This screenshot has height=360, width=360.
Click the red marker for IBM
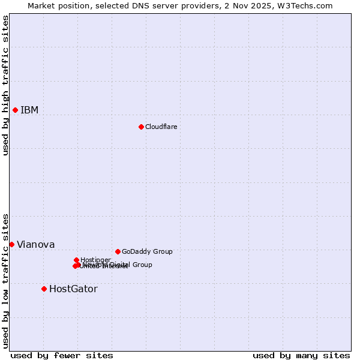pyautogui.click(x=15, y=110)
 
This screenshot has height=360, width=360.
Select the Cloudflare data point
pyautogui.click(x=141, y=127)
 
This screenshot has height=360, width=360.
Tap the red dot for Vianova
pyautogui.click(x=11, y=244)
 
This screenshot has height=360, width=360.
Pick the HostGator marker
pyautogui.click(x=44, y=289)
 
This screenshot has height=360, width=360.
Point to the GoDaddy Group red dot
pyautogui.click(x=118, y=251)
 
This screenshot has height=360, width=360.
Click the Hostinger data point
pyautogui.click(x=77, y=260)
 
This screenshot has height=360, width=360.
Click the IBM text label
pyautogui.click(x=29, y=110)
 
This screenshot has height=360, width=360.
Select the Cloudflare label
pyautogui.click(x=161, y=127)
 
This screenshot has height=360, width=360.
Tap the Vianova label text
pyautogui.click(x=35, y=244)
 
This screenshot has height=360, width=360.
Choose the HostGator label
pyautogui.click(x=73, y=289)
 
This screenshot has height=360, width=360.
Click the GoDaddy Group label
pyautogui.click(x=147, y=251)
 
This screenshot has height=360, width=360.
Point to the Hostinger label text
pyautogui.click(x=96, y=259)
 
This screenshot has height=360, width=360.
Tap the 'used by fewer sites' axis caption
pyautogui.click(x=62, y=355)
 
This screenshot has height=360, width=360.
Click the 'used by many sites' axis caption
pyautogui.click(x=301, y=355)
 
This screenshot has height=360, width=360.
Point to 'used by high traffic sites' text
pyautogui.click(x=5, y=85)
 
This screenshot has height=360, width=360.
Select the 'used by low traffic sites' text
pyautogui.click(x=5, y=281)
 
